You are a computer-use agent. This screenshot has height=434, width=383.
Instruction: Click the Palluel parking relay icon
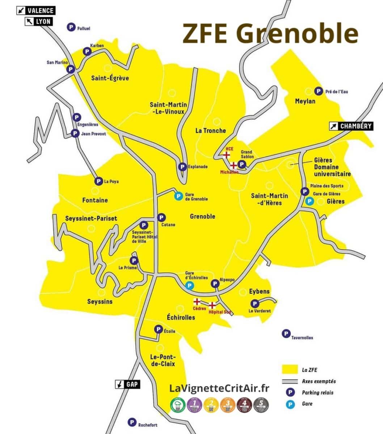coord(71,27)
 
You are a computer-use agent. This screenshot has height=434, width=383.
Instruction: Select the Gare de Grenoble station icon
coord(178,196)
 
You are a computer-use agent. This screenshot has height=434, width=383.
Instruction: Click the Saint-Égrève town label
coord(110,78)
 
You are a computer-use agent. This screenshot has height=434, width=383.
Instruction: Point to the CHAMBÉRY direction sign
coord(351,126)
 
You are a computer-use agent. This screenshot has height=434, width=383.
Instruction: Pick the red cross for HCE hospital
coord(227,155)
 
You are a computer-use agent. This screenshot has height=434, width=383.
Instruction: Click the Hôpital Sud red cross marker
coord(212,305)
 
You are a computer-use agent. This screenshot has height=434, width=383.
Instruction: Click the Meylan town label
coord(305,101)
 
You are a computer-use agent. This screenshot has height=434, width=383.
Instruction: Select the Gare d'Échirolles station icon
coord(189,286)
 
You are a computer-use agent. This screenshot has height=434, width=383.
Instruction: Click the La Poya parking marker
coord(98,181)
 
